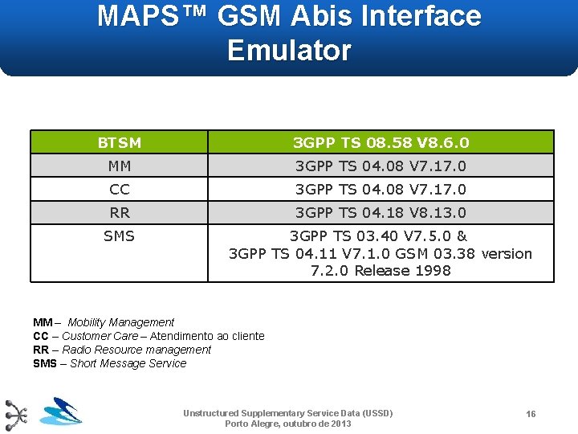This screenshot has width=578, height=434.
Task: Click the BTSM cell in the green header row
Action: [119, 143]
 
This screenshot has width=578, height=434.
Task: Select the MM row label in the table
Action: [119, 166]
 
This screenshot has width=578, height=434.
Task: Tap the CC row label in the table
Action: [119, 190]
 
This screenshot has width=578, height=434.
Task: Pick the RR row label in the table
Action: [119, 213]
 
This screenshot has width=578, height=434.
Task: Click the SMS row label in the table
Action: [119, 236]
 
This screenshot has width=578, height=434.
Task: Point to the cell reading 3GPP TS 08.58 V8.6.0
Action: [381, 143]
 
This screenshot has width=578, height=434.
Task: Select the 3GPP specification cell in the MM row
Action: [381, 166]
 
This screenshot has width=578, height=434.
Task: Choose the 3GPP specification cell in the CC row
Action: [381, 190]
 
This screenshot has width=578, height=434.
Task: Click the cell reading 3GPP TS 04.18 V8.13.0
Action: [381, 213]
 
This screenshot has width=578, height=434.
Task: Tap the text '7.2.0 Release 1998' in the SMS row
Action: [381, 271]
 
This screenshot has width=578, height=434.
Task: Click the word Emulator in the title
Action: [289, 50]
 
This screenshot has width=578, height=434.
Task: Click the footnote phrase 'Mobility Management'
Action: [120, 322]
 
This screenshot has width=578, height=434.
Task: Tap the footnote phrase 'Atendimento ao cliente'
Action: [207, 336]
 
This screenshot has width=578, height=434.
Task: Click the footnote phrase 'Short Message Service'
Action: [128, 363]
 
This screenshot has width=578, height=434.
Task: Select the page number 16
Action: [531, 414]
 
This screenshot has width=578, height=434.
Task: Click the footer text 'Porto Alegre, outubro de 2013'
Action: [288, 424]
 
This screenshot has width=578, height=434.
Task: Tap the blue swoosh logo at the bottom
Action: [61, 412]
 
